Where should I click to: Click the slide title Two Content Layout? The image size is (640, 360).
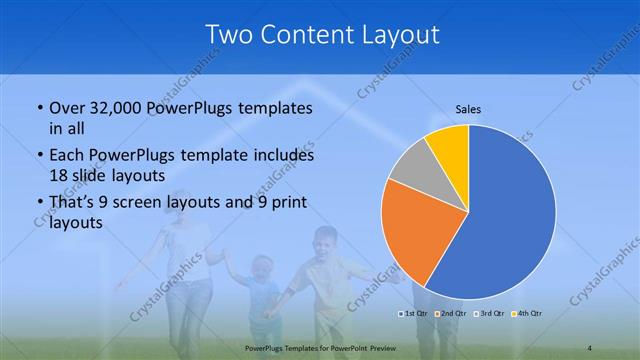321,35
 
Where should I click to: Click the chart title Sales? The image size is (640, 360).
468,108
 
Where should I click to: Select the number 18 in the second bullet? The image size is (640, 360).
58,175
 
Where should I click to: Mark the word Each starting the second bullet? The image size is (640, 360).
67,157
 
